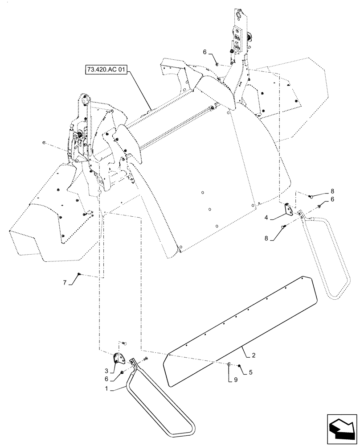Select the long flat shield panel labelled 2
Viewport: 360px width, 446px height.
point(241,330)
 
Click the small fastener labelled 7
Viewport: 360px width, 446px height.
point(79,274)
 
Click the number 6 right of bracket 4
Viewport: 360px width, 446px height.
point(332,200)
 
